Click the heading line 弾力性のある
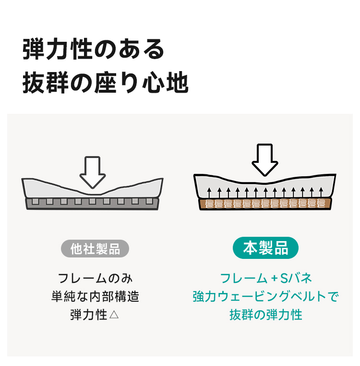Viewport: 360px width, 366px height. point(93,49)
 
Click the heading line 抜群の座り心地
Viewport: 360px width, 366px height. point(106,83)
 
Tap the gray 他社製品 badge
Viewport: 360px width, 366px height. point(95,249)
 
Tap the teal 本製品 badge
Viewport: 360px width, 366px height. point(265,248)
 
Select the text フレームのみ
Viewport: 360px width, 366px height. point(95,278)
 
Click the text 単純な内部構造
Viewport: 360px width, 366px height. point(95,296)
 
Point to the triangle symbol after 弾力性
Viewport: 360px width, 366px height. point(114,315)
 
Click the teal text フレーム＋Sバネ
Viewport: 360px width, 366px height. point(266,278)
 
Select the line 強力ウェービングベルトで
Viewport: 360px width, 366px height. point(265,296)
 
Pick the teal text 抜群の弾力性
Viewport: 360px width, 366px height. point(266,315)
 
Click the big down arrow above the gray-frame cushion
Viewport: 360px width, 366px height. point(93,172)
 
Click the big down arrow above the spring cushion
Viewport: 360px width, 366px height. point(265,160)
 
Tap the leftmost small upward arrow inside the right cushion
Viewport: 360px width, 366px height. point(209,193)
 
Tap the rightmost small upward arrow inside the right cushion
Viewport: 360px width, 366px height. point(321,192)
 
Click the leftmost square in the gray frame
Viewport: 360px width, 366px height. point(36,201)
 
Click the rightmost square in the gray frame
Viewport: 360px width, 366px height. point(149,201)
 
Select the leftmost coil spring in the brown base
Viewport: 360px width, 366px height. point(209,204)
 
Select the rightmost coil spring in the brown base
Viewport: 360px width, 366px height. point(321,203)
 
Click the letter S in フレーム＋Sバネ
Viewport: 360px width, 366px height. point(285,278)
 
